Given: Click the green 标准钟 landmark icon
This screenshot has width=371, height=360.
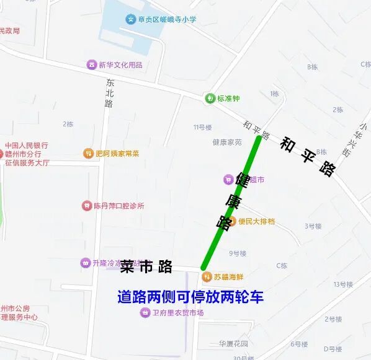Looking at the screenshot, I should coord(210,99).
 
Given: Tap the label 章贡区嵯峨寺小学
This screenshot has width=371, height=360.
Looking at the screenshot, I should coord(167,19).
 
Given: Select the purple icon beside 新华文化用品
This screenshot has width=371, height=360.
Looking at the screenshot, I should coord(92,65).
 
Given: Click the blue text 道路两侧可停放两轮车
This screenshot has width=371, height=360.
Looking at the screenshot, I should coord(190,297).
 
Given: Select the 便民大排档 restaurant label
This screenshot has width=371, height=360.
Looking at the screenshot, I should coord(256,221).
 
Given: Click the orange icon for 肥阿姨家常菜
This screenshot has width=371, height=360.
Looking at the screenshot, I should coord(88,153).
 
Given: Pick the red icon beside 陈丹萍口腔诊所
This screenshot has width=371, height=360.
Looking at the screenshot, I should coord(86,206).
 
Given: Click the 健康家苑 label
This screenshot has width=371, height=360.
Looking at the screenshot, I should coord(227,142).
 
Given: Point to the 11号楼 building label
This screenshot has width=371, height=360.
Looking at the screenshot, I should coord(202,127).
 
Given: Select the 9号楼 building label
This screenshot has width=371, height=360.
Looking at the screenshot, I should coord(238,253).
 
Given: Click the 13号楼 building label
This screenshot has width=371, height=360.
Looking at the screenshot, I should coord(342,284).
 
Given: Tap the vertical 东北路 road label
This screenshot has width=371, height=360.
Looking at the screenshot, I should coord(110,94).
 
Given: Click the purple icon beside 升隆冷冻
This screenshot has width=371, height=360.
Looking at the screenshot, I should coord(85,263).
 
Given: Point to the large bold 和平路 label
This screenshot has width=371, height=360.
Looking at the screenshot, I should coord(308,157).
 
